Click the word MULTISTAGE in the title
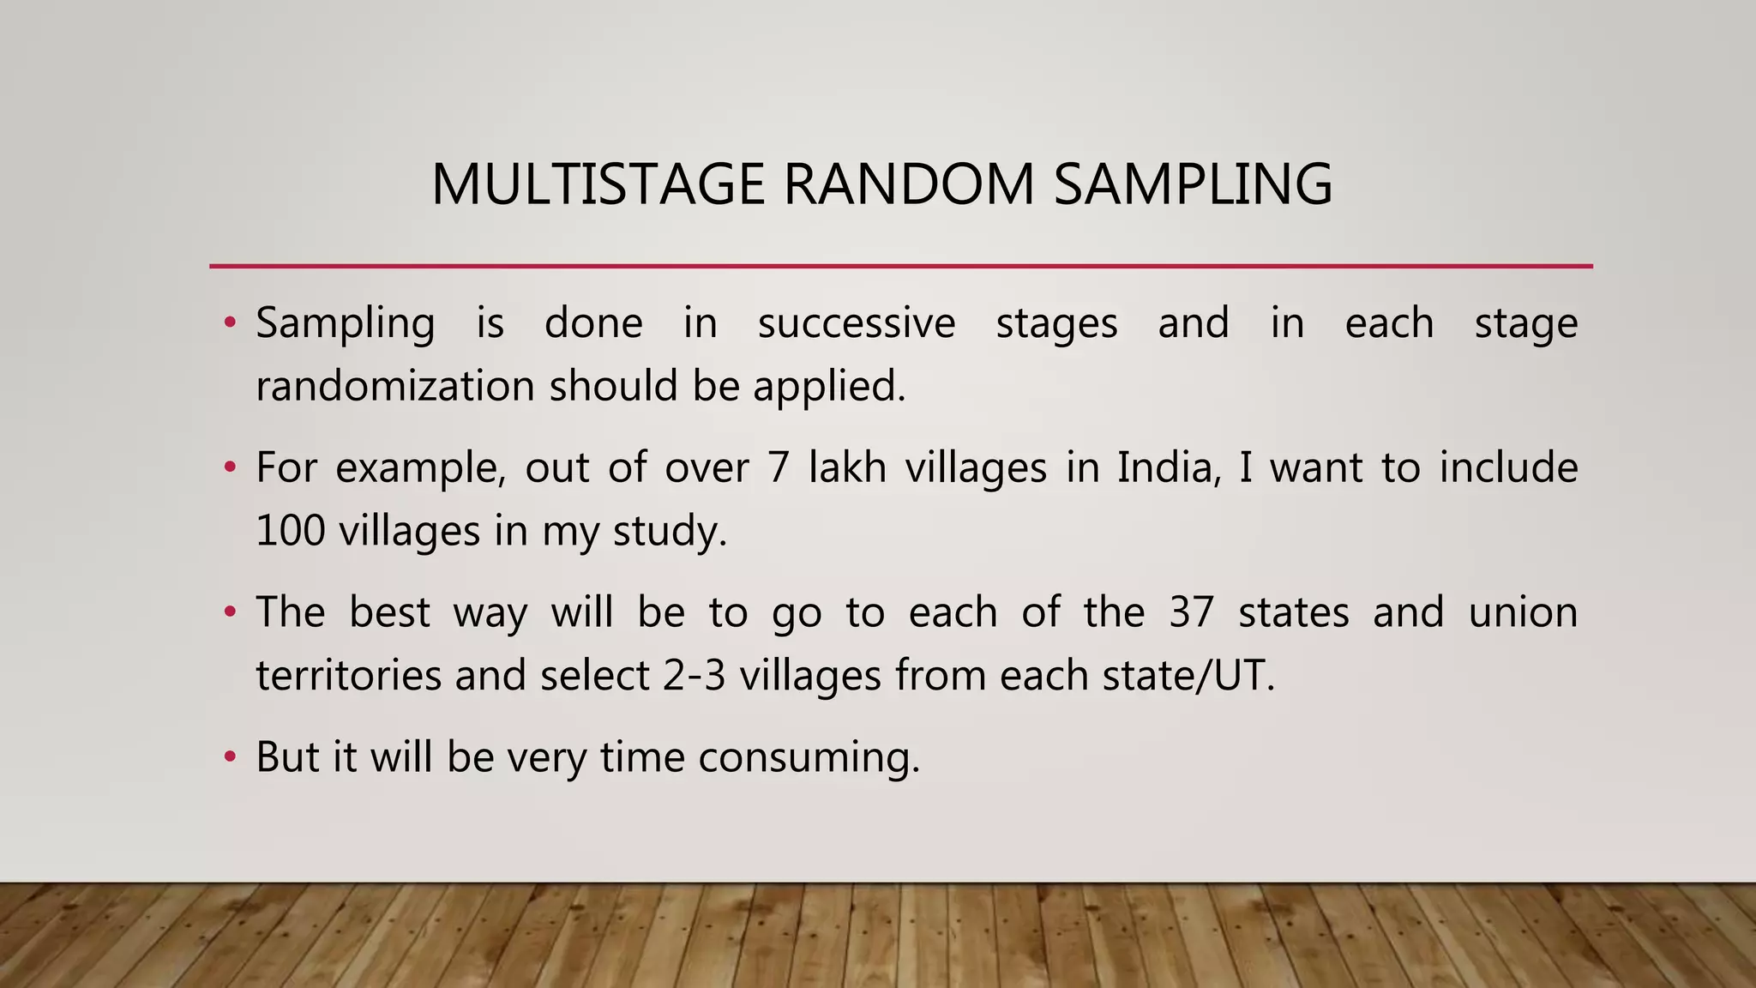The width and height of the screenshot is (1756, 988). (598, 184)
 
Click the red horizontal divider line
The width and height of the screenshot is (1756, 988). (900, 267)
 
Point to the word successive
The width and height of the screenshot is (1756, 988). (856, 323)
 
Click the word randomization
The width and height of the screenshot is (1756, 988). (395, 386)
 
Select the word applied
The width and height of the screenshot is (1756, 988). (828, 388)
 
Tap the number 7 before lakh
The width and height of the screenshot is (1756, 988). (778, 468)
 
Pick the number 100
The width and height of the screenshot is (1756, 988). (290, 531)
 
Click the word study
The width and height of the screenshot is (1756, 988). (670, 533)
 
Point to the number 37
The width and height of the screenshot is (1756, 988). (1191, 613)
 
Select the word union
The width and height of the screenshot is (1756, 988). (1523, 613)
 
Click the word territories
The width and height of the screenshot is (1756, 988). (347, 676)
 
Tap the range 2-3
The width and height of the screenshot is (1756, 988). (694, 676)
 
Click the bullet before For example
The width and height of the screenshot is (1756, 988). (229, 468)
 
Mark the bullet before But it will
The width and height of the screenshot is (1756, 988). (229, 757)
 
